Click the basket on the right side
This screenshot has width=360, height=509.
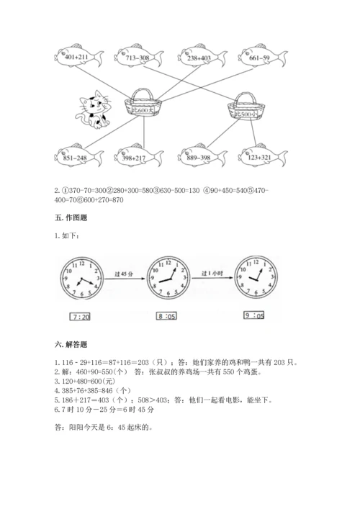pyautogui.click(x=245, y=109)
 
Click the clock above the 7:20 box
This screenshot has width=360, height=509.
pyautogui.click(x=81, y=277)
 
